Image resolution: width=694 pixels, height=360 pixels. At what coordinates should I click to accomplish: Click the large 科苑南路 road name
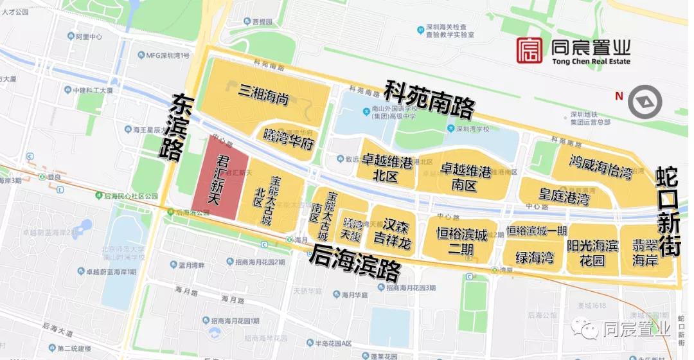click(x=429, y=101)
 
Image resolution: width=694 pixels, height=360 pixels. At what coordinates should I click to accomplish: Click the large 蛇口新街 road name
click(x=668, y=212)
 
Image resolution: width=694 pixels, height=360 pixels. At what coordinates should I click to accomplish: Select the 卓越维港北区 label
click(x=387, y=168)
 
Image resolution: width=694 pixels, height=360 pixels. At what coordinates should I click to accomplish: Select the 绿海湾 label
click(x=535, y=258)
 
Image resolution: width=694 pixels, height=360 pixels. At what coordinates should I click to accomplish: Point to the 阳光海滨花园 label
click(x=592, y=251)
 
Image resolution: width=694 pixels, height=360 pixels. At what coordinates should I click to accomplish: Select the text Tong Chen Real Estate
click(x=591, y=62)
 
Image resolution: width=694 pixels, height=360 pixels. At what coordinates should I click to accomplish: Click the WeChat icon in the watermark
click(x=587, y=330)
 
